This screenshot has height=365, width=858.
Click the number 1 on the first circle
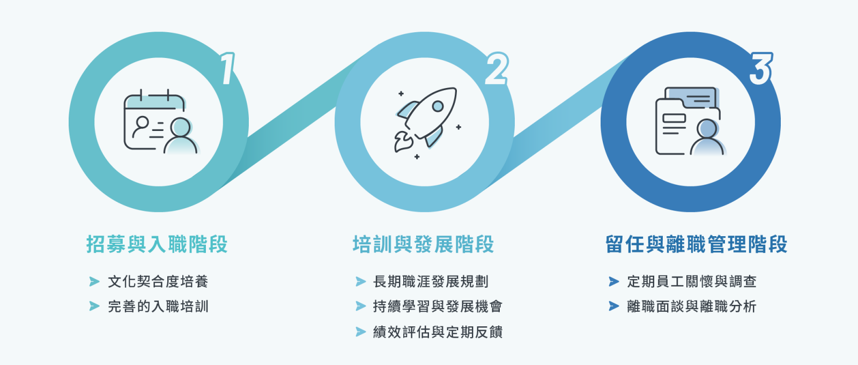(x=228, y=69)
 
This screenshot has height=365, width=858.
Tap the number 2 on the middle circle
(x=497, y=69)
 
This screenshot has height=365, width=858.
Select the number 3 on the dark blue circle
(x=761, y=69)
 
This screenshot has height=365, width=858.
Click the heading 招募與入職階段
(x=157, y=244)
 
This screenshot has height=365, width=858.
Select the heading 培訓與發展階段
(x=423, y=244)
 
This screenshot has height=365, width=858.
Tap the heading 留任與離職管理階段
(x=697, y=244)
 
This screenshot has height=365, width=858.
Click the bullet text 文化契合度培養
(x=158, y=282)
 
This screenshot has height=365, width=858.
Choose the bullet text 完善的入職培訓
(x=158, y=306)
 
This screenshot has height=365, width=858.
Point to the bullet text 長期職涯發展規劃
(x=431, y=282)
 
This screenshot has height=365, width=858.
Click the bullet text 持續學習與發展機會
(x=438, y=306)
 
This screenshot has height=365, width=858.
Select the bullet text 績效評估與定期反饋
(x=438, y=332)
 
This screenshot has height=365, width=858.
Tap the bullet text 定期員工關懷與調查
(x=692, y=282)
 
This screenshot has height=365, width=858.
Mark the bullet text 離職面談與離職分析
(x=692, y=306)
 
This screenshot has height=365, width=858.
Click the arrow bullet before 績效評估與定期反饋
(x=361, y=332)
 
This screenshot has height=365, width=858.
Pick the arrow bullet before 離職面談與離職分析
(x=614, y=306)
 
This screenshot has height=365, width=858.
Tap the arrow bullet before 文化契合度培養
(x=94, y=282)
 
